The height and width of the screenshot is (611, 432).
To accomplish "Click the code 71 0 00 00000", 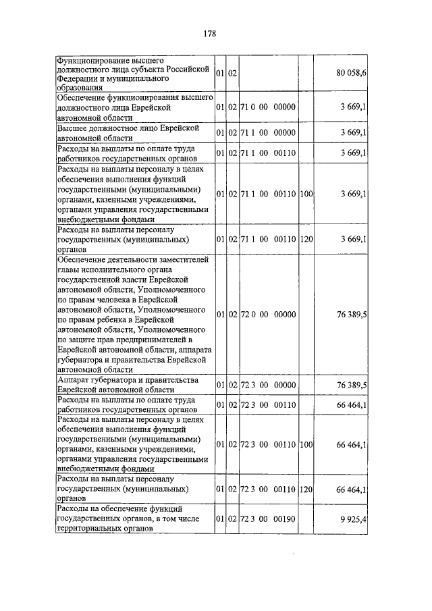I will coord(268,107).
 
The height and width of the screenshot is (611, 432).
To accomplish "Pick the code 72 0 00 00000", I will coord(268,314).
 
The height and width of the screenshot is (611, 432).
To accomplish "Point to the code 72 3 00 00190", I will coord(268,519).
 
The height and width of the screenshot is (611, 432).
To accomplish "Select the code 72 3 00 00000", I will coord(268,385).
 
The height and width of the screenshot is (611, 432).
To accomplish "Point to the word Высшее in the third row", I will coord(76,128).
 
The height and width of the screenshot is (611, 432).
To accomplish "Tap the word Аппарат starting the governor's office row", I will coord(75,381).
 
